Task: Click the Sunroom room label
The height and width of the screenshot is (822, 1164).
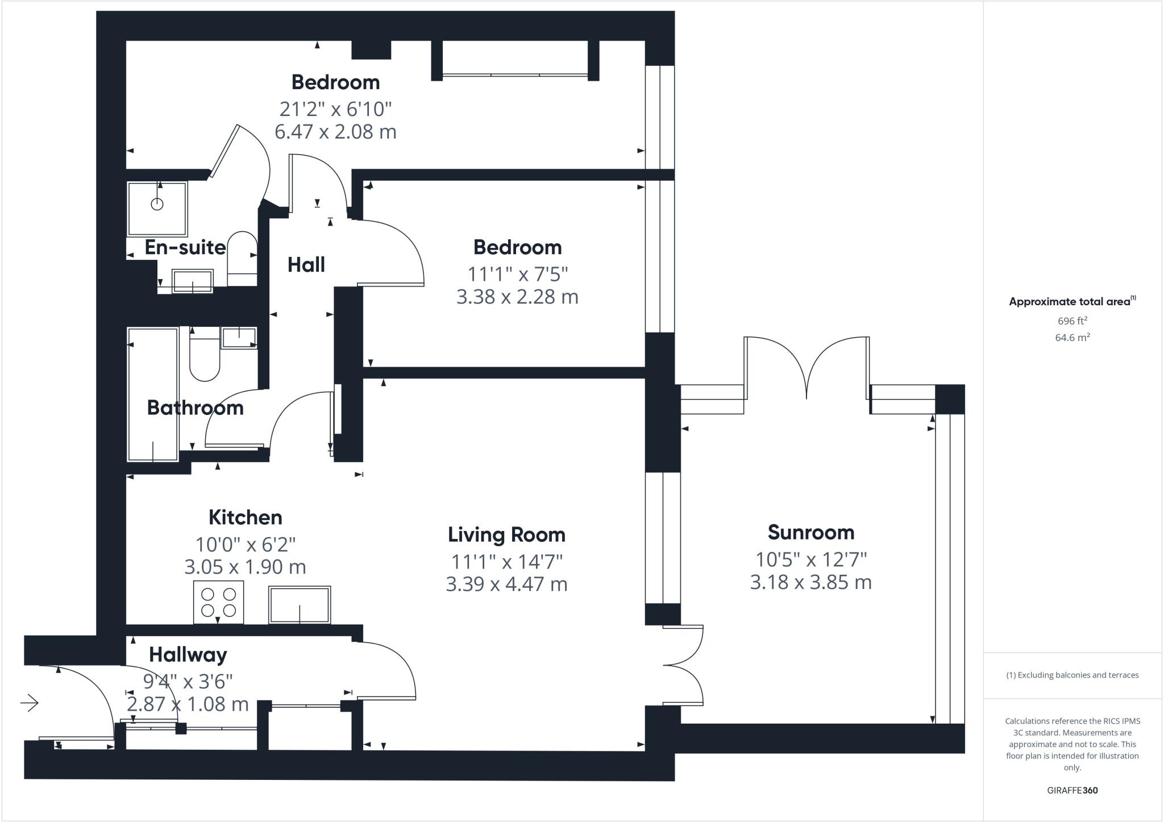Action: click(x=810, y=533)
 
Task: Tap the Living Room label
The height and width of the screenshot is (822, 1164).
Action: click(x=506, y=535)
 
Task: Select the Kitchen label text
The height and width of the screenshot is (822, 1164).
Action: click(x=245, y=517)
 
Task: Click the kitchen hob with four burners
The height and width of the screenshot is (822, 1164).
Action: click(x=219, y=603)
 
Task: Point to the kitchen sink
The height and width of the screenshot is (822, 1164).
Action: click(x=300, y=605)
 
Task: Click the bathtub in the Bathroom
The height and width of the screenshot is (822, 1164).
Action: click(x=152, y=394)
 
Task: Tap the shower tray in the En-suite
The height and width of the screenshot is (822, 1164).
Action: click(x=157, y=209)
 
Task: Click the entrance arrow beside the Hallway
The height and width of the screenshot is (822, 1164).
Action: click(x=30, y=703)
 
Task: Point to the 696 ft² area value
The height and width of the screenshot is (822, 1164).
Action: click(x=1072, y=321)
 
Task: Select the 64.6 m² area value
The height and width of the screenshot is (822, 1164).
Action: click(x=1072, y=338)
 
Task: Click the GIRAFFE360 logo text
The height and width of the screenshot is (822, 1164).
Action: click(x=1072, y=790)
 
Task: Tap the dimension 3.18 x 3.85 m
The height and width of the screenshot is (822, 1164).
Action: click(x=810, y=583)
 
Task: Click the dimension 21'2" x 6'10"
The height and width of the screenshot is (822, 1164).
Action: click(x=335, y=109)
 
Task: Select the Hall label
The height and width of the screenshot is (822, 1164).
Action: click(x=306, y=265)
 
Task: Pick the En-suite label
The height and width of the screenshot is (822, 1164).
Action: click(x=185, y=248)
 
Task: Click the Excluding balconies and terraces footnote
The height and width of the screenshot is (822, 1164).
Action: click(x=1072, y=675)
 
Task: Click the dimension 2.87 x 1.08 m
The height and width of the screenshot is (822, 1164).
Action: click(x=188, y=704)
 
